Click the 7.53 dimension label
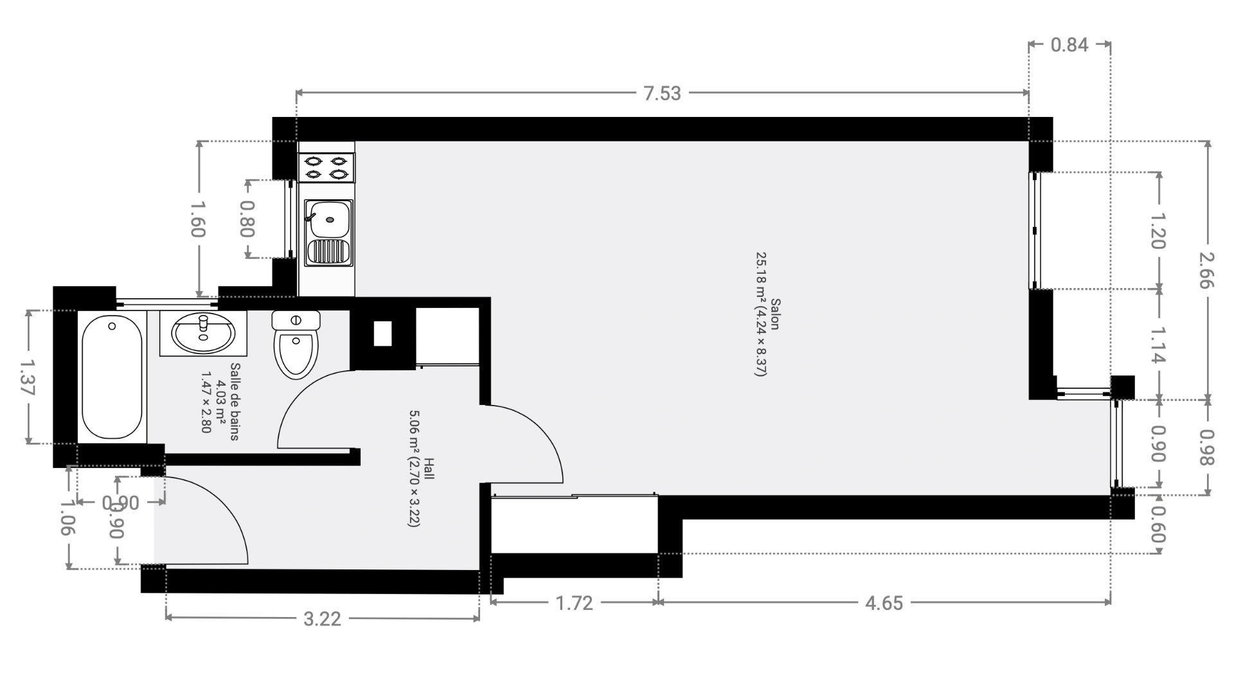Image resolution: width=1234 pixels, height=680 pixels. coord(662,93)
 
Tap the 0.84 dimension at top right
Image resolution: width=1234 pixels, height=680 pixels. coord(1069,44)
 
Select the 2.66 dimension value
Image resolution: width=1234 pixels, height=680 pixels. coord(1206,270)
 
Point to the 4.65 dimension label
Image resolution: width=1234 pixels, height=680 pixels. coord(884,603)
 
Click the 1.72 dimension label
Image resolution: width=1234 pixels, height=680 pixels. coord(574,603)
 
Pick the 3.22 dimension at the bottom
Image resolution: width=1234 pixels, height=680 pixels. coord(322,619)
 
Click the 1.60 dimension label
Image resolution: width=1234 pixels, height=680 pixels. coord(199,219)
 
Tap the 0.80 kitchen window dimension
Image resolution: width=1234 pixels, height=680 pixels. coord(247,219)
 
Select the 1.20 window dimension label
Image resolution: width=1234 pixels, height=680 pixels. coord(1158,230)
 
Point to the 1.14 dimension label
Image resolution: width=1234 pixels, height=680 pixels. coord(1158,345)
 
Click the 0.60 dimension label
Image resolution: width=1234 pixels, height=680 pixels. coord(1158,523)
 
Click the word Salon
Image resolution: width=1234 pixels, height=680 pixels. coord(775,314)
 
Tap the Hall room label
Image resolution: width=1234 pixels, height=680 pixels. coord(429,468)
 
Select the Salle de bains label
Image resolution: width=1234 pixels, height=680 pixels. coord(235,402)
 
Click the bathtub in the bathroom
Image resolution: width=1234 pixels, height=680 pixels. coord(112,377)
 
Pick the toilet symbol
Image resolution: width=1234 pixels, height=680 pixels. coord(296,344)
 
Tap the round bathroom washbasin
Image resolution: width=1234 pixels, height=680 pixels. coord(202,334)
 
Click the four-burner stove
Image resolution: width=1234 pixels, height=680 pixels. coord(326,167)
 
